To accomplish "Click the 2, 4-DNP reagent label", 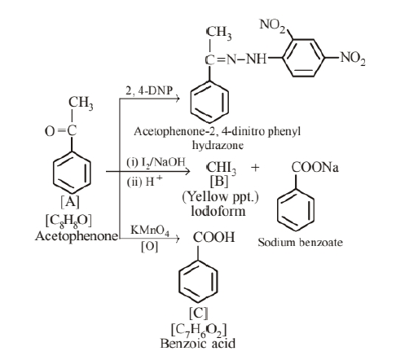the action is (149, 90).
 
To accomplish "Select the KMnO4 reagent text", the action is (150, 230).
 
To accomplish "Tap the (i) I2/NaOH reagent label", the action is (156, 162).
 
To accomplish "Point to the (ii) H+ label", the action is (144, 181).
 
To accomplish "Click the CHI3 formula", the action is (222, 168).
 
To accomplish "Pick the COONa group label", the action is (315, 167).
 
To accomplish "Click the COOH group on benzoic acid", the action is (213, 237).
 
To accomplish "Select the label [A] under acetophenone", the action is (70, 202).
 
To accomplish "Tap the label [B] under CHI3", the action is (219, 182).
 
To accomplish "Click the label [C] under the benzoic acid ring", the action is (199, 313).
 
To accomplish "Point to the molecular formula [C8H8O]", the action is (68, 221).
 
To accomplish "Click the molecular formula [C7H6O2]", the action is (199, 330).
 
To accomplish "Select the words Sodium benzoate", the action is (300, 242).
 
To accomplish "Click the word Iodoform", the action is (218, 211).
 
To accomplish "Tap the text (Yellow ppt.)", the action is (220, 197).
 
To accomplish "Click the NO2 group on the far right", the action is (353, 58).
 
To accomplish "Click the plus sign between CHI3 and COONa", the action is (255, 168).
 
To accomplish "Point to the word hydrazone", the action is (218, 145).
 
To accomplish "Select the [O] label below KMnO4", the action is (149, 247).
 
